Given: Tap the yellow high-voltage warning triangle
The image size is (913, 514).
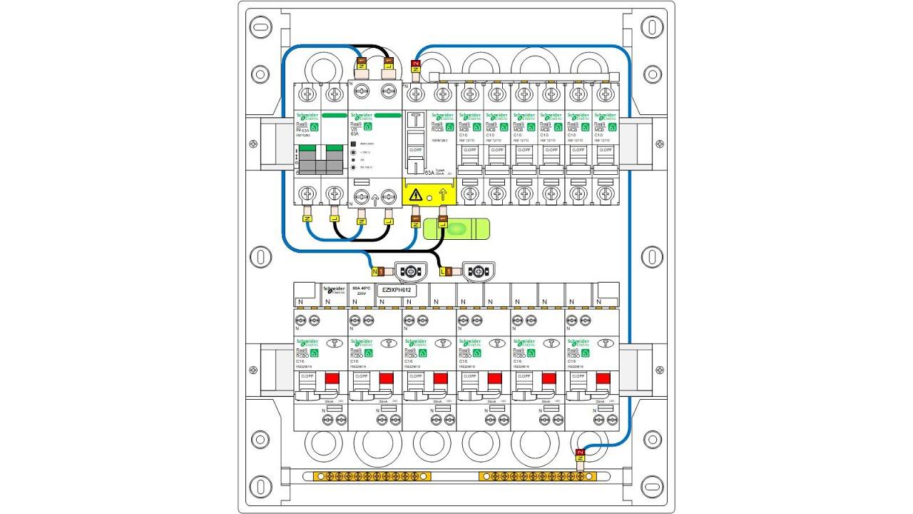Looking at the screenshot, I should (x=416, y=194).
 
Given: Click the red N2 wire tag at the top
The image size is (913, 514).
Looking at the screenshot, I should (x=417, y=66).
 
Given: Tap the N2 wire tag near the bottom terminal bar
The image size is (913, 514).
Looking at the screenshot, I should (x=580, y=454).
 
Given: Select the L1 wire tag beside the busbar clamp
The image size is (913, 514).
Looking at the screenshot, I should (x=447, y=271).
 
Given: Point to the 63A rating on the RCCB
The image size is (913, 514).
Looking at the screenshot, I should (x=429, y=172).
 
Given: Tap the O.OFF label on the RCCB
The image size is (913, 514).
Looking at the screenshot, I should (x=414, y=149).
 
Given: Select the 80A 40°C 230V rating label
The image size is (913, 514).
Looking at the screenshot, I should (x=362, y=291).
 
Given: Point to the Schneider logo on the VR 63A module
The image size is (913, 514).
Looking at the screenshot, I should (x=362, y=116).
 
